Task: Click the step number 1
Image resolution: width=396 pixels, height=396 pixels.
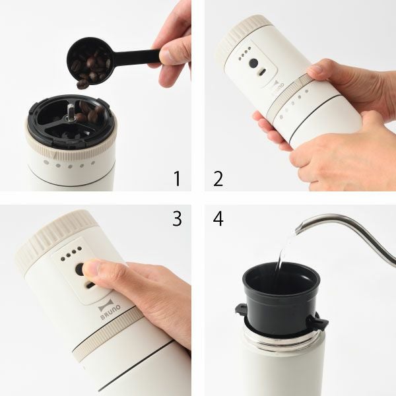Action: click(178, 178)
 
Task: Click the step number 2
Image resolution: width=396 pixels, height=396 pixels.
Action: click(218, 178)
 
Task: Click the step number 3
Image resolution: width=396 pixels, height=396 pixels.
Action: click(177, 218)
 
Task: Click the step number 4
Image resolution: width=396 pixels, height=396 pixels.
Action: click(218, 218)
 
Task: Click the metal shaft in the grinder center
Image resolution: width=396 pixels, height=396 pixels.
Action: click(71, 112)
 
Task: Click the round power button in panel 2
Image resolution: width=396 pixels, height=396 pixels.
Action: click(253, 63)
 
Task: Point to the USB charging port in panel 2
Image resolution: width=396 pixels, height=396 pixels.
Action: click(263, 72)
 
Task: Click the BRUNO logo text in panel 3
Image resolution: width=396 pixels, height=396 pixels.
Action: click(110, 313)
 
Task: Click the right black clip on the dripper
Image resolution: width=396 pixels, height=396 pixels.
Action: click(317, 322)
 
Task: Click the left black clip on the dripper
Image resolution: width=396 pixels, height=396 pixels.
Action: click(241, 310)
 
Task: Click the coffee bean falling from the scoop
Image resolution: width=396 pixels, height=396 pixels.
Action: click(82, 84)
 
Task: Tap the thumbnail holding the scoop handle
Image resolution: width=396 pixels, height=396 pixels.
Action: click(167, 55)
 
